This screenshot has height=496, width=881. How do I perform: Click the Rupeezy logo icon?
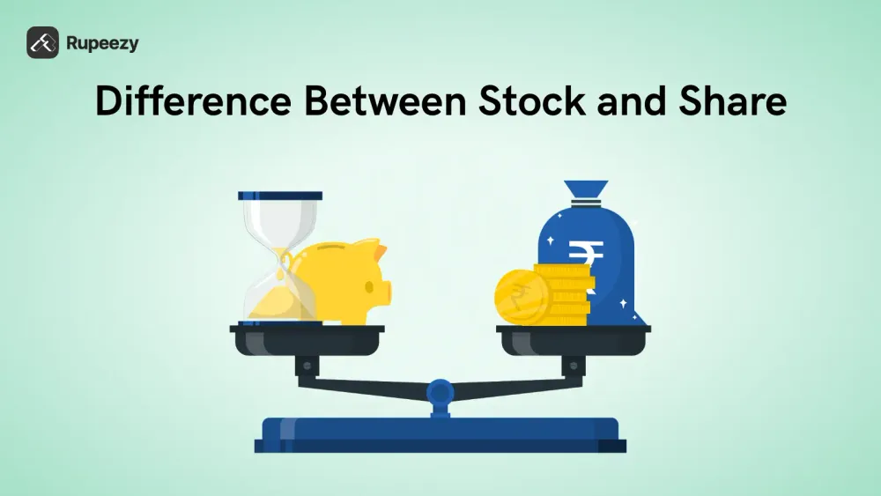(x=42, y=42)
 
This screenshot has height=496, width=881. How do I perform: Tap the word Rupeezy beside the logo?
(x=101, y=42)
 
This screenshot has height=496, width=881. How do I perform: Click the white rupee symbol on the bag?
(x=581, y=256)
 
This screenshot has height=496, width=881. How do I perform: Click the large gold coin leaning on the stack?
(x=521, y=296)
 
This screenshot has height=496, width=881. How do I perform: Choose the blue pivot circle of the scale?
(x=440, y=390)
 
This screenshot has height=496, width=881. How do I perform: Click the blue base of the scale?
(x=440, y=434)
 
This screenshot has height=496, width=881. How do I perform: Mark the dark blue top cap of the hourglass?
(x=280, y=195)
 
